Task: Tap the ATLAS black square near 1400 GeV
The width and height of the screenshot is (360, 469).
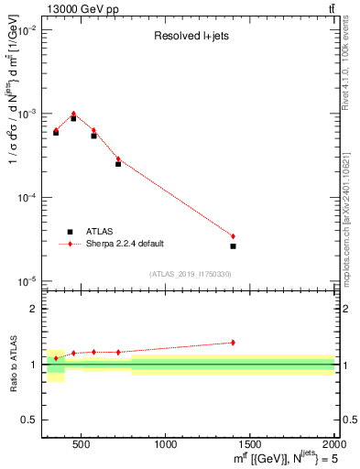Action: [x=233, y=245]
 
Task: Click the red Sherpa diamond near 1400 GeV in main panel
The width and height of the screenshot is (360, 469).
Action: [x=233, y=236]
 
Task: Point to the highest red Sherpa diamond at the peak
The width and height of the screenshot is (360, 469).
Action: [x=73, y=114]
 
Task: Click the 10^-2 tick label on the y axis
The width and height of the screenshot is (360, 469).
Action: [x=27, y=30]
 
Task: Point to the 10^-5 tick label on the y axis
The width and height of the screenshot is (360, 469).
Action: [x=27, y=280]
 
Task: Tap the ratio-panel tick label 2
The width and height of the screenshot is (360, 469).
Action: [x=33, y=310]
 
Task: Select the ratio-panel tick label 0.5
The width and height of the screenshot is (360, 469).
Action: [x=29, y=419]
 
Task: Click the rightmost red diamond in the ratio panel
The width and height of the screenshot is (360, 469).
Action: [x=233, y=343]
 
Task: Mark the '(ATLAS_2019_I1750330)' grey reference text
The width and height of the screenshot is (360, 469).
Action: [x=190, y=274]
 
